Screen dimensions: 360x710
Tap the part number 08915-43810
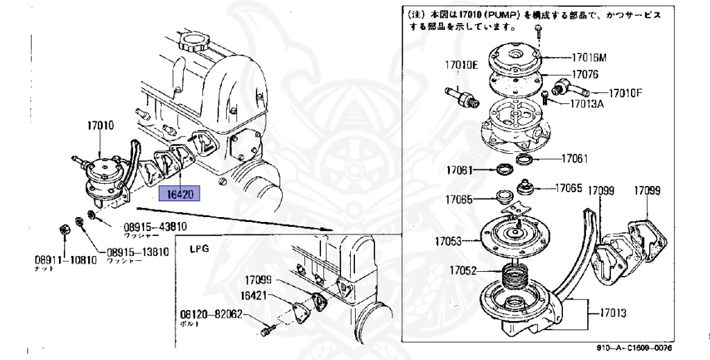pos(155,227)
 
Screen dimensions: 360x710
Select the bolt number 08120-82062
pos(211,314)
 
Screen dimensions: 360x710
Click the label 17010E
pos(461,65)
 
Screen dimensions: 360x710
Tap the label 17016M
pos(589,58)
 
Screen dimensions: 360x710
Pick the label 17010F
pos(625,92)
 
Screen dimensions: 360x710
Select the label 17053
pos(449,241)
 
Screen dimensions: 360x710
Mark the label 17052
pos(462,271)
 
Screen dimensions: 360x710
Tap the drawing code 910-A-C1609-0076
pos(634,348)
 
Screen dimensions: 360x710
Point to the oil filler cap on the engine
pos(191,43)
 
